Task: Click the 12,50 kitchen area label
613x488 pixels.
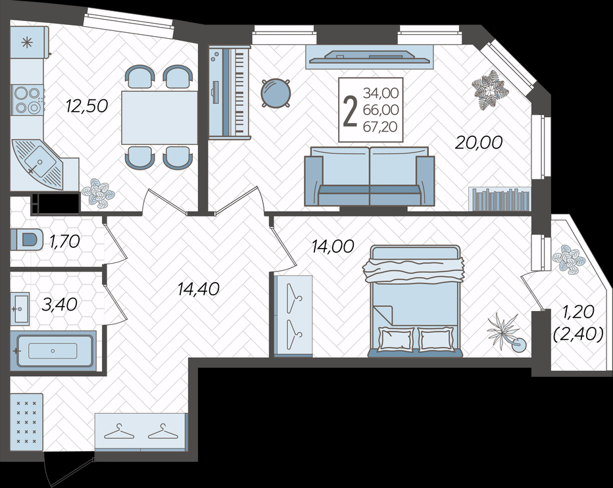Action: [x=87, y=106]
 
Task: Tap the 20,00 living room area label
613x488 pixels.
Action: [x=479, y=143]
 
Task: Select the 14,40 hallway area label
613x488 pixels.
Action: [x=199, y=289]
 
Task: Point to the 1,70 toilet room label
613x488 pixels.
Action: [x=65, y=241]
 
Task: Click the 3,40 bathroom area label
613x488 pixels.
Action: [x=60, y=305]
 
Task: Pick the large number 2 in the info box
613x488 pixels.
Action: [x=350, y=112]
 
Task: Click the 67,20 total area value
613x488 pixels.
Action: [x=381, y=126]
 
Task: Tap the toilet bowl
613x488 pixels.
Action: [x=26, y=239]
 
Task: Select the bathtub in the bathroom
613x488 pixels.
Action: [x=53, y=351]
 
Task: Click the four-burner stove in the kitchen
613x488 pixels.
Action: [x=28, y=100]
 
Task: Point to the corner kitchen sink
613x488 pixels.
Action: [x=37, y=164]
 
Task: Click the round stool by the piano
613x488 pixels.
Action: [x=276, y=93]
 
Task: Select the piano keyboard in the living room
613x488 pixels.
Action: [x=230, y=92]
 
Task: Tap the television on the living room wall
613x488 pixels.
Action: [x=370, y=57]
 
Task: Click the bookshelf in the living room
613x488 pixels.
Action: [x=500, y=199]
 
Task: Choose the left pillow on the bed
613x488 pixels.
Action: [x=396, y=339]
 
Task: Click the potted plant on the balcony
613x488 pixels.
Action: [x=569, y=258]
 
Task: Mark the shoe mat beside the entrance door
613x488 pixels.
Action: [x=26, y=422]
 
